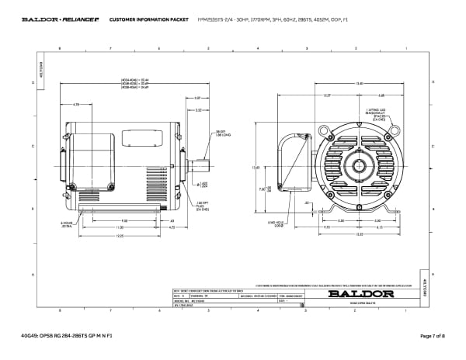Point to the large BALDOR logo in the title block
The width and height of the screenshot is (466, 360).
[x=354, y=294]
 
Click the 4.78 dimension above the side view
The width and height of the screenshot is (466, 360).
[x=76, y=103]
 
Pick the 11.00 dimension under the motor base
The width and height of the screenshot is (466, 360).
[x=120, y=227]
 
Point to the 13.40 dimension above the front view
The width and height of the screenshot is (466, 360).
[x=359, y=83]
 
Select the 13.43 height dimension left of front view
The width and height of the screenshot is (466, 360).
[x=256, y=167]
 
